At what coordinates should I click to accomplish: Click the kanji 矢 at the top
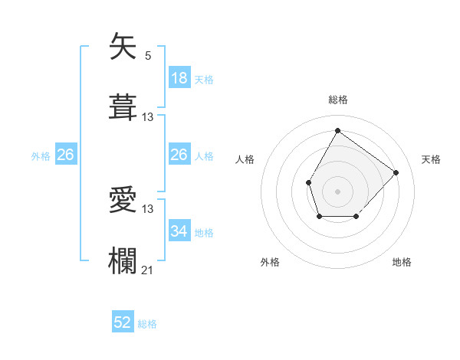pos(125,47)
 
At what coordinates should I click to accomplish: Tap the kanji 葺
pos(125,106)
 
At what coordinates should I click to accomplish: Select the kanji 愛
pos(125,200)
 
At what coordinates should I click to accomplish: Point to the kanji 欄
pos(125,260)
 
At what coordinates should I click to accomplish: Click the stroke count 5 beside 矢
pos(148,56)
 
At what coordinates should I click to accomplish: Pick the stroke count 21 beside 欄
pos(148,270)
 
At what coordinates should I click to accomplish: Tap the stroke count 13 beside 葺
pos(148,116)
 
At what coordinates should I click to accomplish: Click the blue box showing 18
pos(179,77)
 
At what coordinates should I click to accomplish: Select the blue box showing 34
pos(179,231)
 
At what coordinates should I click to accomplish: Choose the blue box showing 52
pos(123,322)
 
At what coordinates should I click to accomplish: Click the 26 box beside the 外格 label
pos(65,155)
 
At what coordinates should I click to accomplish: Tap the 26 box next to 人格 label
pos(179,155)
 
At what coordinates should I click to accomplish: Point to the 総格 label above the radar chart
pos(337,100)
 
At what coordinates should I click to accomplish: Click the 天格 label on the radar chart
pos(431,159)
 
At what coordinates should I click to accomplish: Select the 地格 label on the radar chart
pos(402,262)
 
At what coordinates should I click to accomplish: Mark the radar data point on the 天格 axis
pos(396,172)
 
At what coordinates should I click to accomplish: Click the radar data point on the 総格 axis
pos(337,130)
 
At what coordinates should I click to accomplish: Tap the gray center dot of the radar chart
pos(337,191)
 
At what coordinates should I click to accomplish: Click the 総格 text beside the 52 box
pos(147,324)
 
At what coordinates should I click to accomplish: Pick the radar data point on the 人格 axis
pos(308,182)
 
